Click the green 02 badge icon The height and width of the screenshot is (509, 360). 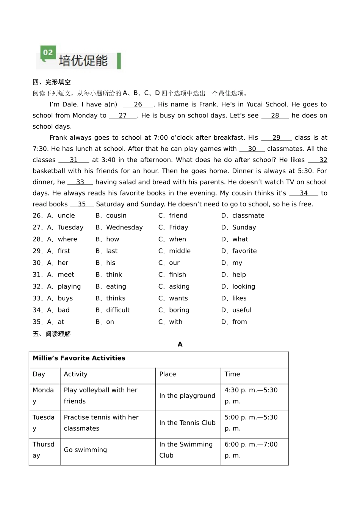pos(48,53)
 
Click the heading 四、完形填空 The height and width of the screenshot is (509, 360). pos(52,82)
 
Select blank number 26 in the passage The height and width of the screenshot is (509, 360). pos(138,105)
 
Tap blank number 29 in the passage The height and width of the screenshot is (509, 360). pos(276,138)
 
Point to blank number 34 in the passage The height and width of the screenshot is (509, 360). pos(304,193)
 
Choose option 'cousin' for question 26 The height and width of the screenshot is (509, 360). pos(116,215)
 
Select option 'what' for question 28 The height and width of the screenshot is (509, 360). pos(240,239)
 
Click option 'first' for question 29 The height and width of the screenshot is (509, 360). pos(64,251)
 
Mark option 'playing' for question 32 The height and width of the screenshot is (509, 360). pos(69,286)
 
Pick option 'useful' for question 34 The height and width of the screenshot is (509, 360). pos(242,310)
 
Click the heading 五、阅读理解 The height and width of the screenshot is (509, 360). pos(52,334)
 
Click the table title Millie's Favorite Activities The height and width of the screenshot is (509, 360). pos(79,358)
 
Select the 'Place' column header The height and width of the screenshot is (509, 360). pos(167,374)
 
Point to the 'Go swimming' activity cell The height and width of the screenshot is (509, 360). pos(85,450)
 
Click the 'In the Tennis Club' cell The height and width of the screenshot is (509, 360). pos(187,423)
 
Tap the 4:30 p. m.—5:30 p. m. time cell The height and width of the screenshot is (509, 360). pos(251,396)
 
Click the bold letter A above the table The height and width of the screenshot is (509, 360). pos(180,344)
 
